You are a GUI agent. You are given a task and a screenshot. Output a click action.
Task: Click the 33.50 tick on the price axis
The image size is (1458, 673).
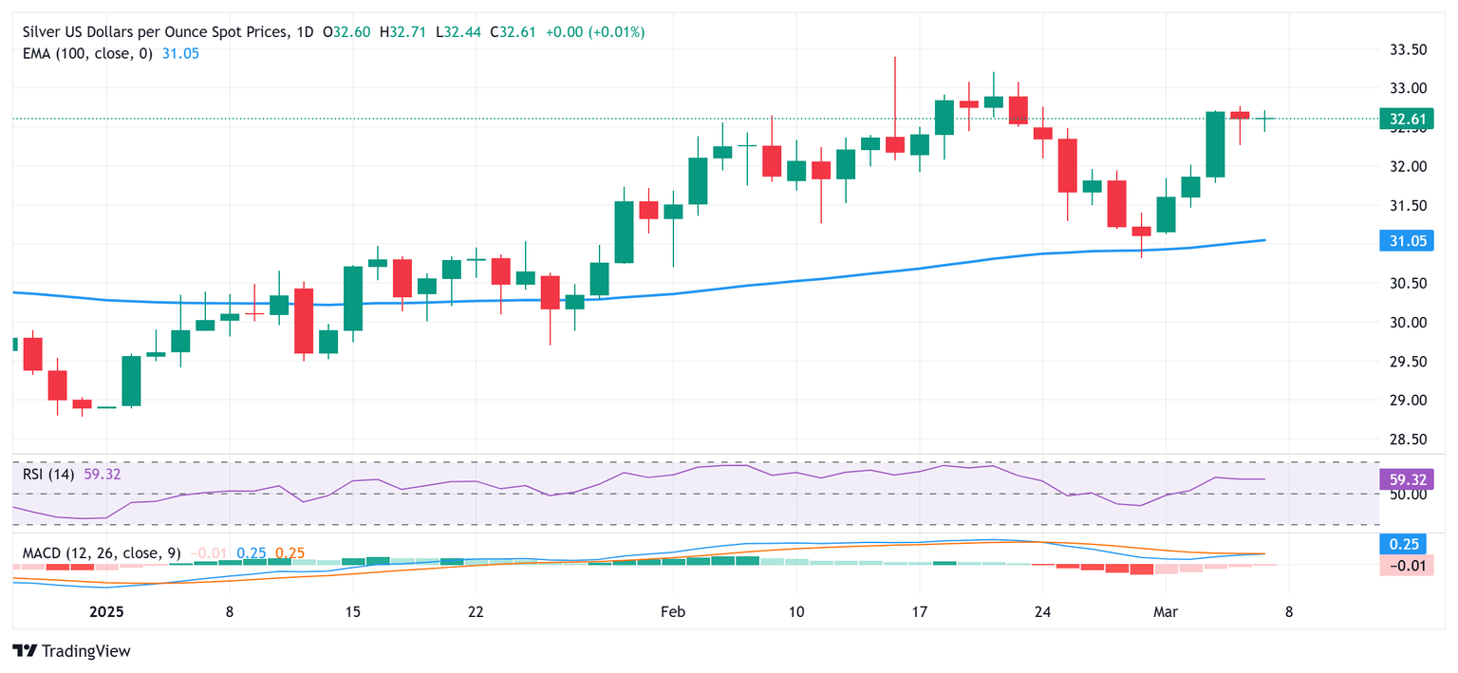[1409, 49]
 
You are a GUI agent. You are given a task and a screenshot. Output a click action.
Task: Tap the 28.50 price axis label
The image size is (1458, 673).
[1409, 439]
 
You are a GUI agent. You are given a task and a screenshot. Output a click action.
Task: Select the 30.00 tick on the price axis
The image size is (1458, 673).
[1409, 323]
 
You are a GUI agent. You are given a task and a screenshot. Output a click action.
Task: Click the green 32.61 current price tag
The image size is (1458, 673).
[1405, 120]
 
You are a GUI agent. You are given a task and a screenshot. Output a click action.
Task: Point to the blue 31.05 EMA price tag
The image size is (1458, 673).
[1405, 242]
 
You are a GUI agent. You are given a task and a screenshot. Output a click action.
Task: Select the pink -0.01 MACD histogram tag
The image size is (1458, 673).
[1405, 566]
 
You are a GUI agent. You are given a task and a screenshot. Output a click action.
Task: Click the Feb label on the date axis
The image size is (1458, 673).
[672, 612]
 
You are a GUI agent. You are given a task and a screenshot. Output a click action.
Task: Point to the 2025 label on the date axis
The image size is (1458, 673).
[106, 612]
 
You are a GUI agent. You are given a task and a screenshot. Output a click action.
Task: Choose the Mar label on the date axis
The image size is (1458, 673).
[1164, 612]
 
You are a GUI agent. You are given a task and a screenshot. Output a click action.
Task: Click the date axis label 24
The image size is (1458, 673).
[1042, 612]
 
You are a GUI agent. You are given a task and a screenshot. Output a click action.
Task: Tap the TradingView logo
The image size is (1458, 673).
[72, 651]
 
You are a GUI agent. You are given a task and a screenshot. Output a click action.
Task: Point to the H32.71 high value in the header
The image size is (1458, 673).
[404, 32]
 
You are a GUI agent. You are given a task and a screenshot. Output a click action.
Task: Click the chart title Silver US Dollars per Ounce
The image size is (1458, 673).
[152, 32]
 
